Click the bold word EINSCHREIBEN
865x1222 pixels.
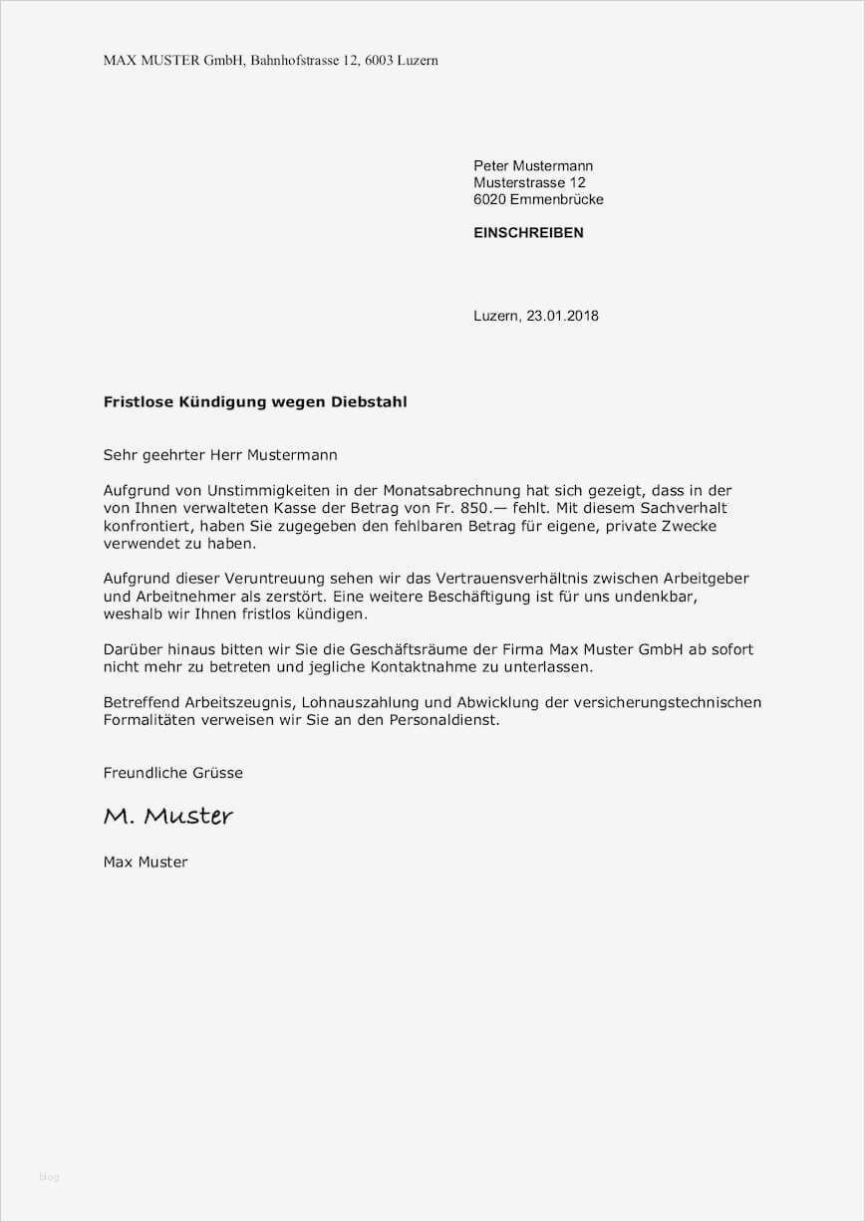point(528,233)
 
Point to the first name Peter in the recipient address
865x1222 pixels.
point(491,165)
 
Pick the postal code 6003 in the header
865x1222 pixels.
point(380,61)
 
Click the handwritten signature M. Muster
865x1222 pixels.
point(168,817)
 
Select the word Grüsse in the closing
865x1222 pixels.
point(216,773)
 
